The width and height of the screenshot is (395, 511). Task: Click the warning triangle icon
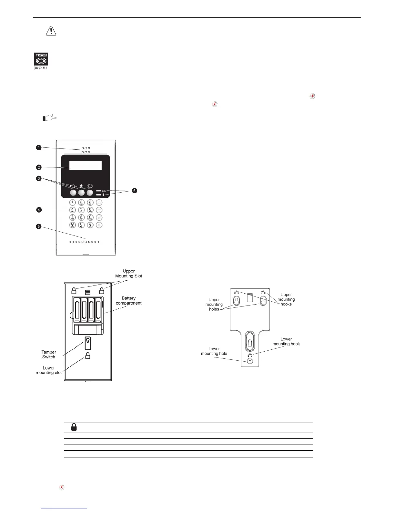pyautogui.click(x=51, y=31)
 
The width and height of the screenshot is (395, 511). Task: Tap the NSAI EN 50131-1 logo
pyautogui.click(x=41, y=61)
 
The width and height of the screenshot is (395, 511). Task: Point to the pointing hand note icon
pyautogui.click(x=49, y=118)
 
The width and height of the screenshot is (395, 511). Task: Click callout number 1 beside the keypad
pyautogui.click(x=39, y=148)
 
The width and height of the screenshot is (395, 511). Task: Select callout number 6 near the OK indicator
pyautogui.click(x=134, y=191)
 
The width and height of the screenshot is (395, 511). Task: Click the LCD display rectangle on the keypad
pyautogui.click(x=86, y=165)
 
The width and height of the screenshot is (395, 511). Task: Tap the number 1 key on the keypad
pyautogui.click(x=73, y=203)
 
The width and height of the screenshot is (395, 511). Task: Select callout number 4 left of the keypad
pyautogui.click(x=39, y=210)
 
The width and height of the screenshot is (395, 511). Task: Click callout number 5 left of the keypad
pyautogui.click(x=39, y=226)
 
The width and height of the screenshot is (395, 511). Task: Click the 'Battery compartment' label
pyautogui.click(x=128, y=301)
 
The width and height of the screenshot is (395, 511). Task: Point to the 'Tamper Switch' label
pyautogui.click(x=49, y=354)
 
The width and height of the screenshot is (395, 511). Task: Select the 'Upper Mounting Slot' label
pyautogui.click(x=128, y=274)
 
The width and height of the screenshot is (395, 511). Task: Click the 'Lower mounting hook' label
pyautogui.click(x=286, y=341)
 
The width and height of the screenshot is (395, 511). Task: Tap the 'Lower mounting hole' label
pyautogui.click(x=214, y=351)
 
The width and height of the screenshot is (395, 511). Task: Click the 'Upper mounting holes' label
pyautogui.click(x=214, y=304)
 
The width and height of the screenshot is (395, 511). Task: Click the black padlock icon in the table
pyautogui.click(x=74, y=428)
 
